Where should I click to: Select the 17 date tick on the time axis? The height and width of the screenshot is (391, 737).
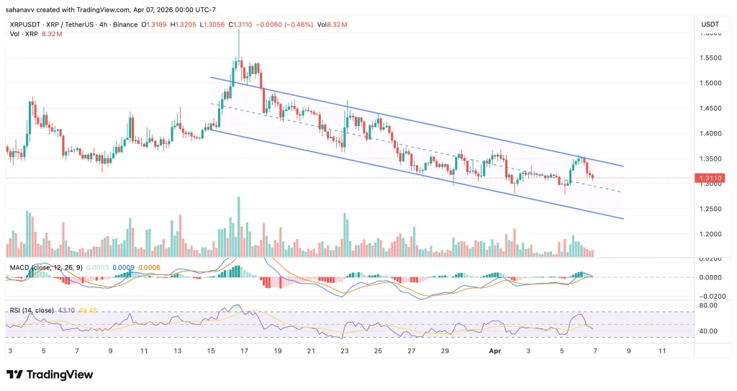point(244,351)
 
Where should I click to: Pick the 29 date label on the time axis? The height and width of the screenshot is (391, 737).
point(445,351)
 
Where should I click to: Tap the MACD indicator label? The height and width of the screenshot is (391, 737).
point(19,268)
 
